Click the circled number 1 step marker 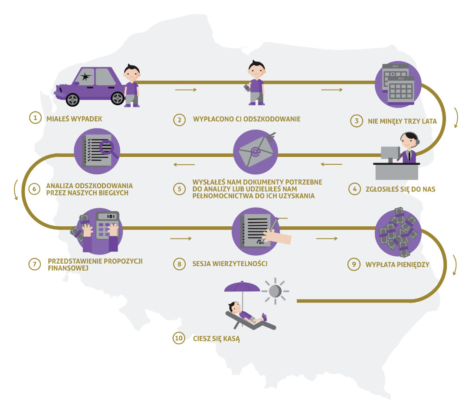[35, 117]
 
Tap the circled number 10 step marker [179, 338]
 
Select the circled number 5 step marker [180, 189]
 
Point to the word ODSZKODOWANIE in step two [272, 119]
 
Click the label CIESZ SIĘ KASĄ [216, 339]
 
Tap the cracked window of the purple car [85, 77]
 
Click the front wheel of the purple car [72, 100]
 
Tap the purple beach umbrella [242, 287]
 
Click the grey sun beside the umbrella [275, 291]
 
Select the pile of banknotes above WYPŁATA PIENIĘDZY [398, 231]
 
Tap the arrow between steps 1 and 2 [186, 90]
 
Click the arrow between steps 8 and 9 [327, 238]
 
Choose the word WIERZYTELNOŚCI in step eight [240, 264]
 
